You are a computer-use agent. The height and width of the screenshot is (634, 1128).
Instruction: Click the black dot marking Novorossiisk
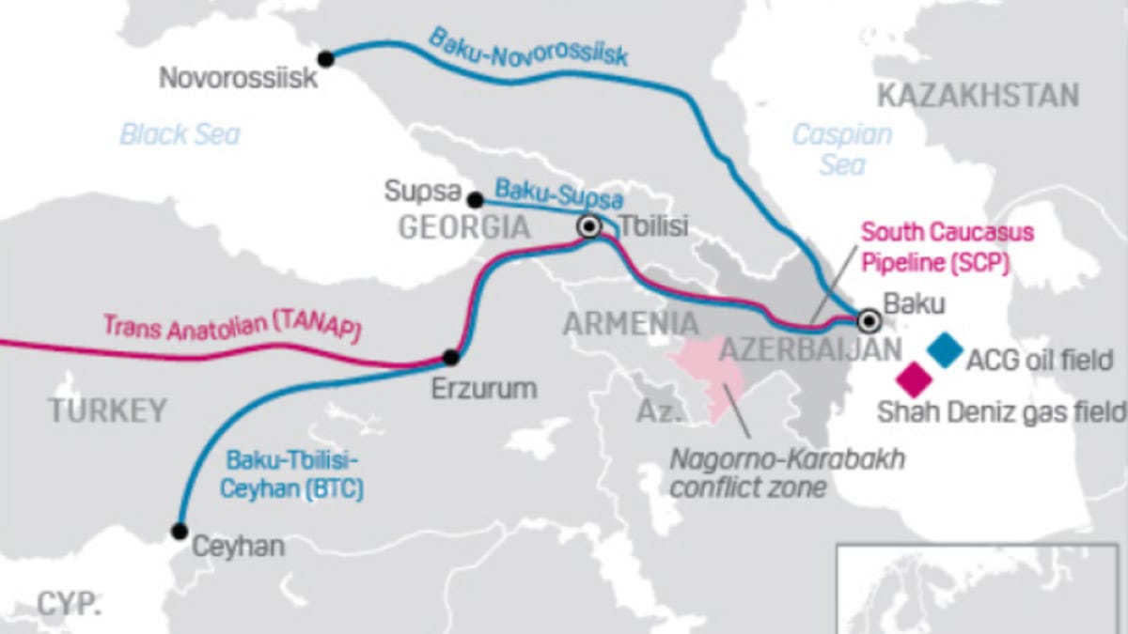pos(325,59)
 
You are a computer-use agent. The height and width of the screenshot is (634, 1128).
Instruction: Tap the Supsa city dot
pos(476,200)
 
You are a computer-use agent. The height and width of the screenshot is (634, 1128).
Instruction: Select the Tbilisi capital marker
pos(589,226)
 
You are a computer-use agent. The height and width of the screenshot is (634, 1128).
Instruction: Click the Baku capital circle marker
pos(869,322)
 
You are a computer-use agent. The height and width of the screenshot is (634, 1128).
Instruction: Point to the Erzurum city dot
pos(450,357)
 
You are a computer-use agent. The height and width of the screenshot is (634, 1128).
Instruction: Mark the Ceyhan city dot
pos(180,531)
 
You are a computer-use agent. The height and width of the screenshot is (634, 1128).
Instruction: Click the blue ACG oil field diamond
pos(945,349)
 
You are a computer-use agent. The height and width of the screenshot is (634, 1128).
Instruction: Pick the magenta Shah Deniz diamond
pos(914,378)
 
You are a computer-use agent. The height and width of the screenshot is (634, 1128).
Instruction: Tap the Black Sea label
pos(180,134)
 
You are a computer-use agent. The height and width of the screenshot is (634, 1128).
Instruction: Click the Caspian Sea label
pos(841,148)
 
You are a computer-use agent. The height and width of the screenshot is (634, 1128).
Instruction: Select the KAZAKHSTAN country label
pos(978,95)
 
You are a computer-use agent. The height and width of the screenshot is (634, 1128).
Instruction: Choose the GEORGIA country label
pos(464,226)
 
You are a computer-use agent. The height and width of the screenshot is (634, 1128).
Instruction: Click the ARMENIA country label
pos(630,324)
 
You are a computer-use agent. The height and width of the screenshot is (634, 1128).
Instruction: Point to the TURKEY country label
pos(107,410)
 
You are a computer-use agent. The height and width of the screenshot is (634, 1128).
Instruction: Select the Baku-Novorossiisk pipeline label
pos(527,47)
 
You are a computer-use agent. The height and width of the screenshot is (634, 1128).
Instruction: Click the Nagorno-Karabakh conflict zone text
pos(786,473)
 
